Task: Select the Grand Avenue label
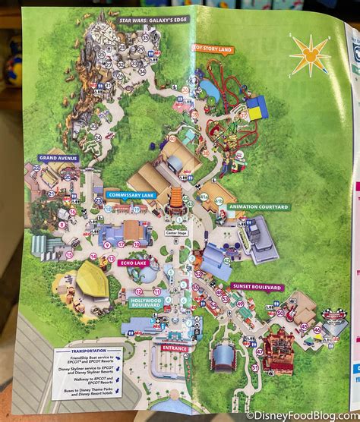click(x=58, y=159)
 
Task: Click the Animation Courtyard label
click(x=248, y=206)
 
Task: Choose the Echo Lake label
click(x=131, y=263)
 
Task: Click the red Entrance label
click(x=175, y=348)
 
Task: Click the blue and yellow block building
click(x=257, y=108)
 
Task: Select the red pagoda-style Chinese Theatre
click(x=176, y=200)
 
